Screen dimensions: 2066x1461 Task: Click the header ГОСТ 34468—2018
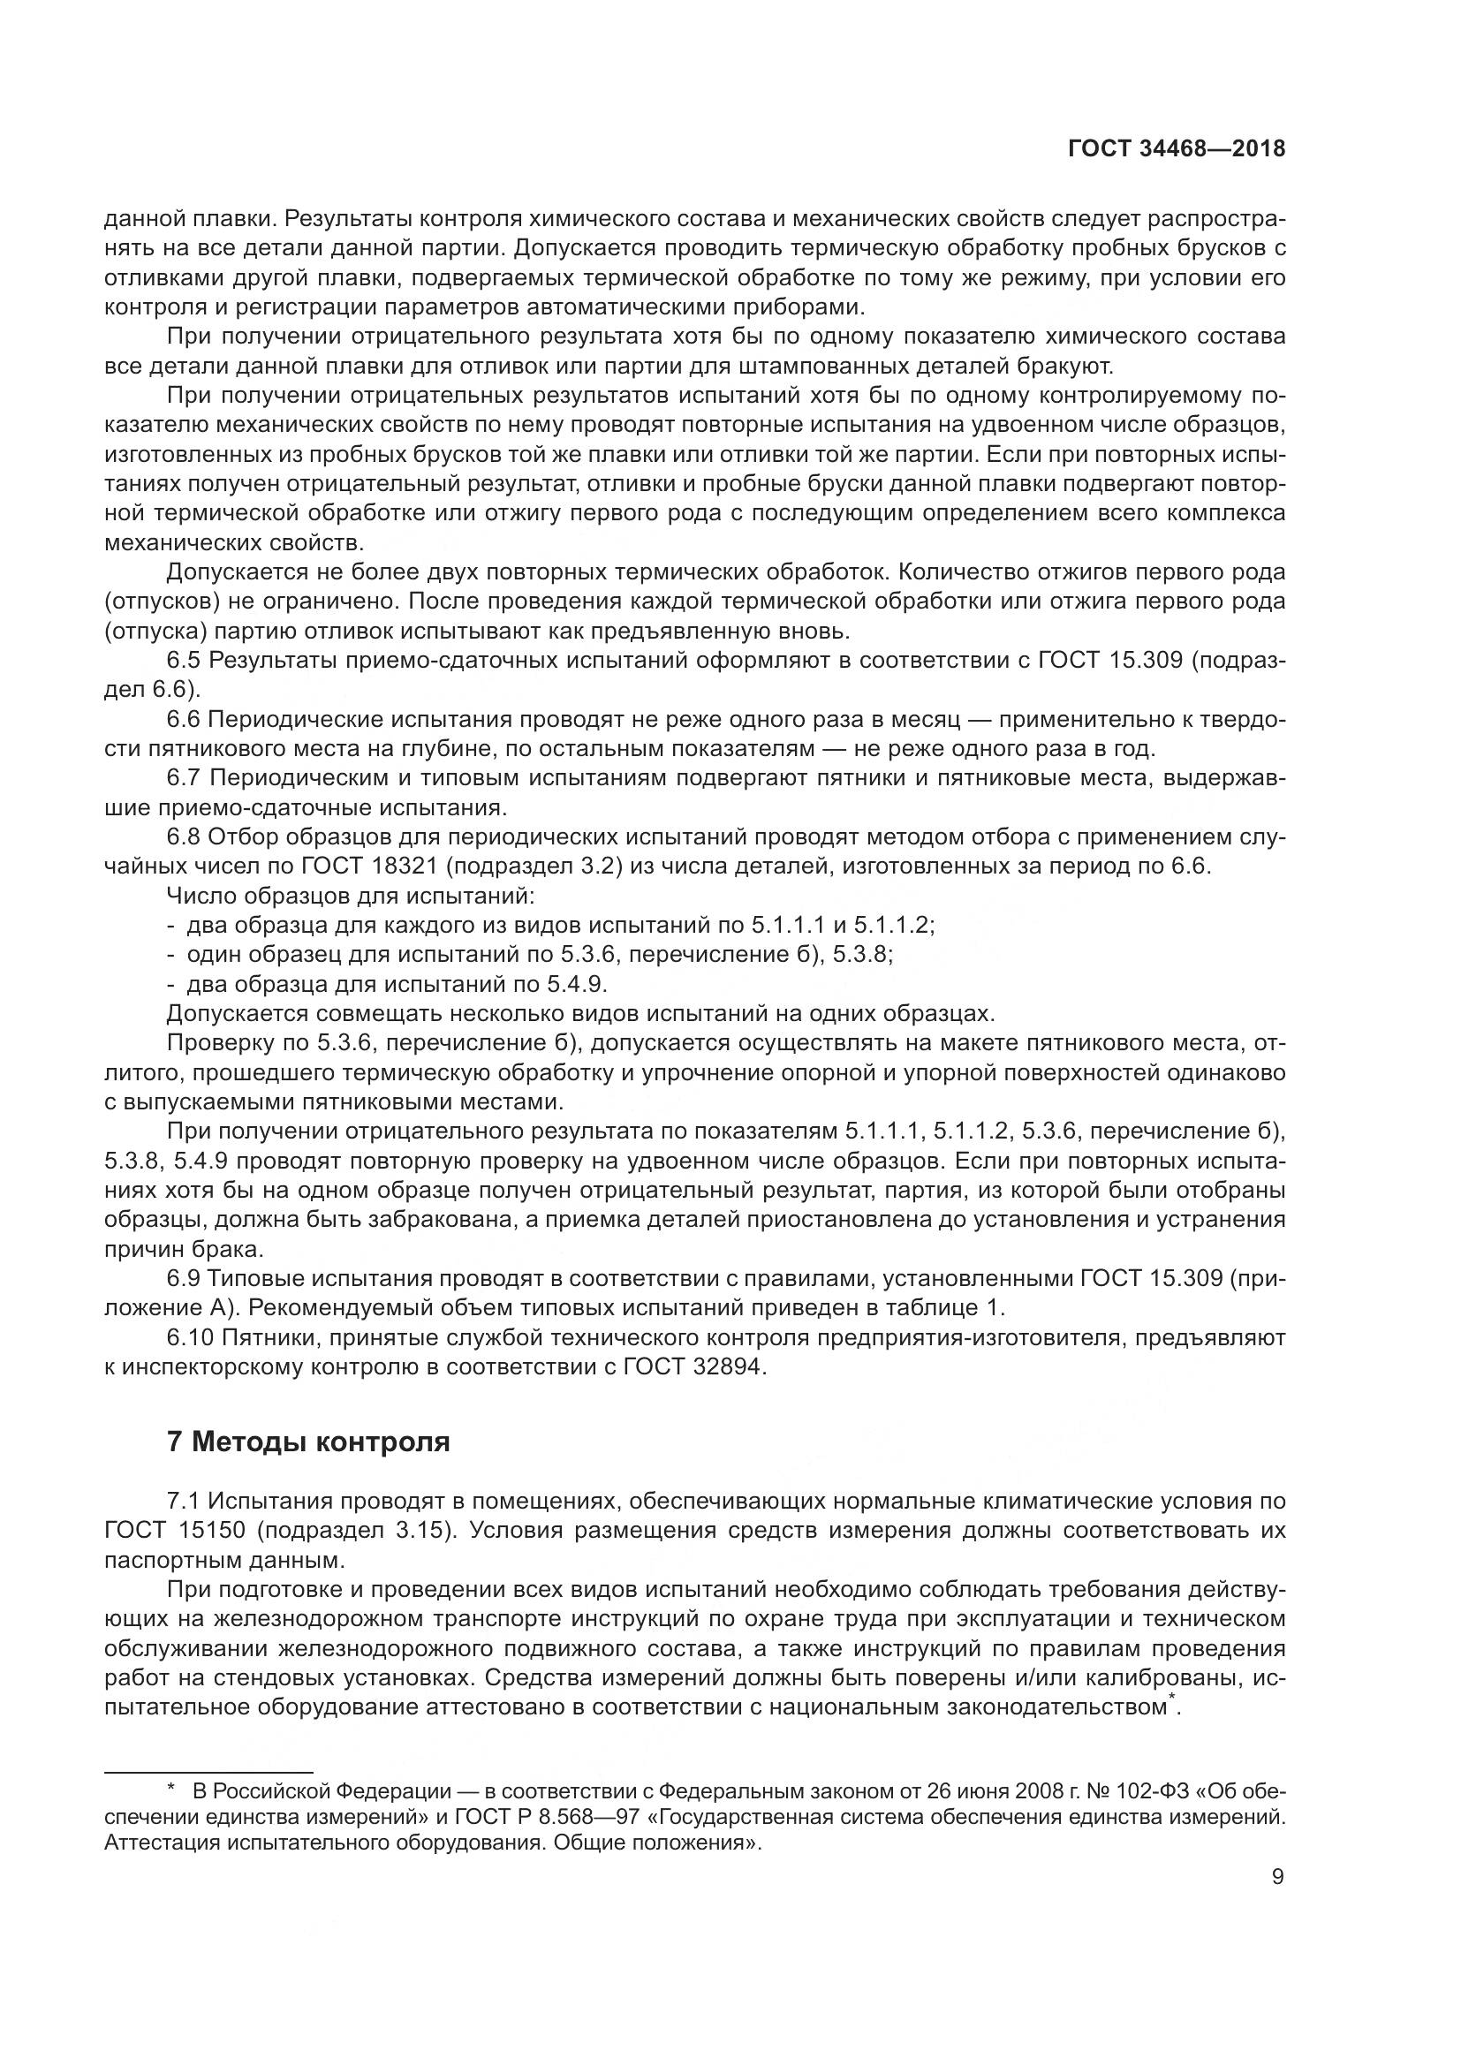coord(1176,149)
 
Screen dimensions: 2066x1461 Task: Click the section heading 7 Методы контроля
coord(308,1442)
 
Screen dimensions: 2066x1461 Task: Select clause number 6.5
coord(185,661)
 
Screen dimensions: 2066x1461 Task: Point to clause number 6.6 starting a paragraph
coord(185,719)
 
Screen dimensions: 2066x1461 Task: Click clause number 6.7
coord(185,777)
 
